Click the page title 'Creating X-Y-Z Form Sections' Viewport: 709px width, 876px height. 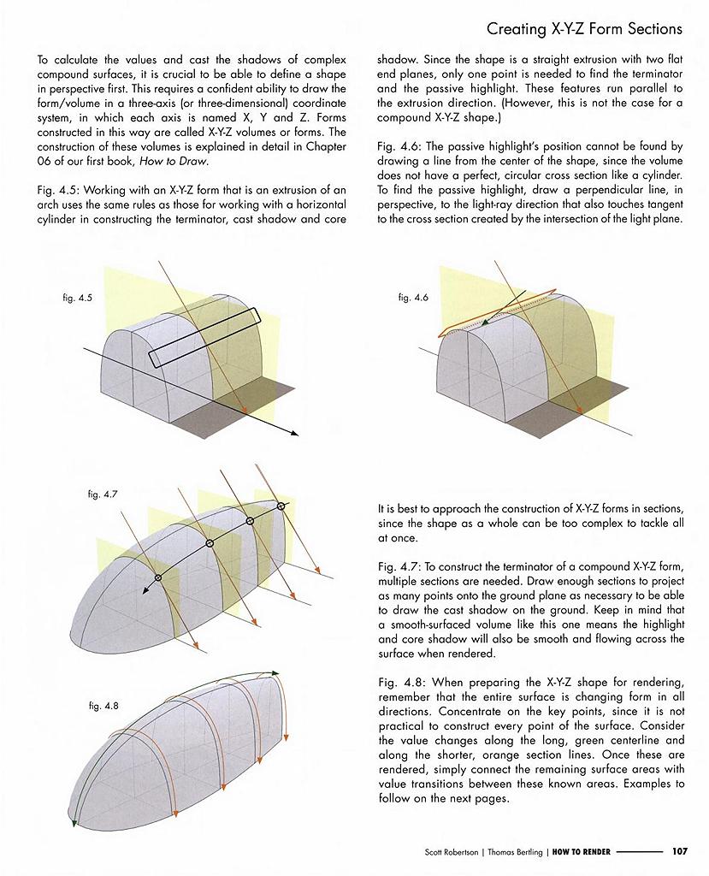(584, 29)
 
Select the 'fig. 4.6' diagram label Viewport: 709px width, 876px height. (413, 297)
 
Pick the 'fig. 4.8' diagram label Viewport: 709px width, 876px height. (103, 706)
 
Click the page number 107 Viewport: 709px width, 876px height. (679, 851)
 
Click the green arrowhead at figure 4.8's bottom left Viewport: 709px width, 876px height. (76, 823)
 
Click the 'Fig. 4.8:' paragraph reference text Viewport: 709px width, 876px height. (397, 683)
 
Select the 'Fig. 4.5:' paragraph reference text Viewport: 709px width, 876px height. (57, 189)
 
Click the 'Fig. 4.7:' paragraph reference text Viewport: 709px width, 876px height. (397, 566)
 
